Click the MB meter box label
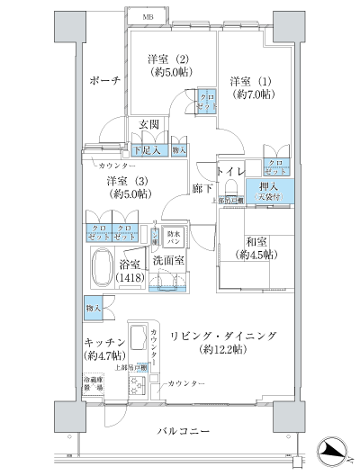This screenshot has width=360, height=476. click(x=147, y=17)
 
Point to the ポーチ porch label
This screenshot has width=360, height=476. click(x=105, y=81)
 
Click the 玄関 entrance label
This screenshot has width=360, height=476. click(x=149, y=124)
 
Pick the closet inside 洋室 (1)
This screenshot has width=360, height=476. click(x=275, y=168)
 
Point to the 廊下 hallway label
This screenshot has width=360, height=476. click(x=202, y=188)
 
